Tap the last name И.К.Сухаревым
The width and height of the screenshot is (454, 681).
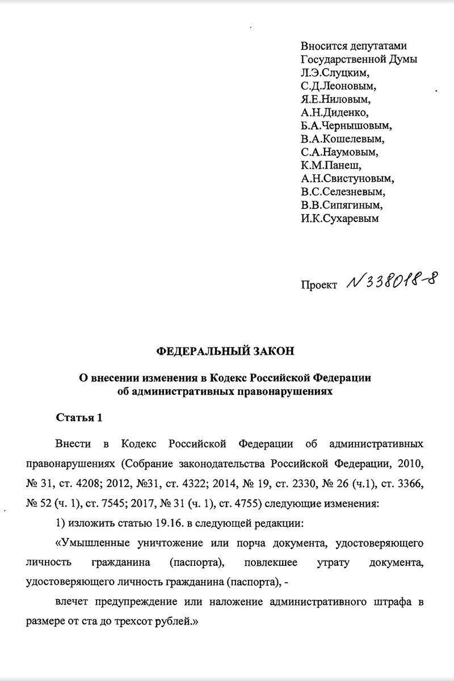point(340,218)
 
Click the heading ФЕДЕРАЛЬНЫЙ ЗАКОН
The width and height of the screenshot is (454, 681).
point(226,351)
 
